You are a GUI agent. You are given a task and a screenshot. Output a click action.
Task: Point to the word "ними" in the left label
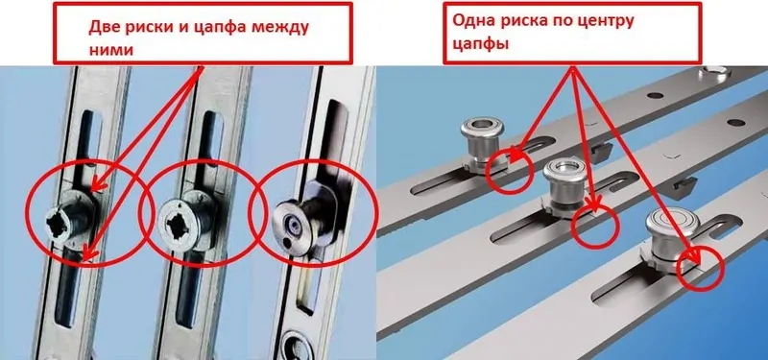pyautogui.click(x=110, y=50)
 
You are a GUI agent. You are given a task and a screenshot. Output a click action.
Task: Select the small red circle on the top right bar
pyautogui.click(x=510, y=168)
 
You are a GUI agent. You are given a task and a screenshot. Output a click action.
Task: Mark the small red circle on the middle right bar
pyautogui.click(x=595, y=226)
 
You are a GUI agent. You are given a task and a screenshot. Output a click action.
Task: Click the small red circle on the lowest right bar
pyautogui.click(x=701, y=268)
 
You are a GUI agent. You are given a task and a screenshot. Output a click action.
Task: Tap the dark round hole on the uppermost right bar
pyautogui.click(x=655, y=95)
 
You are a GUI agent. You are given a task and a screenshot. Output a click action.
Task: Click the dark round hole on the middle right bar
pyautogui.click(x=736, y=123)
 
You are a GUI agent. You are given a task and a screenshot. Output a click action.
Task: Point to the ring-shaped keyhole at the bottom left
pyautogui.click(x=296, y=345)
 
